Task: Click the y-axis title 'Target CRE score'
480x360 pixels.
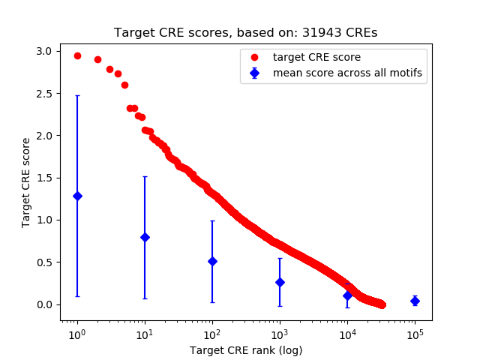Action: (x=26, y=182)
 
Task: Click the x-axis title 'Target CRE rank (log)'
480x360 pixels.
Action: (x=246, y=350)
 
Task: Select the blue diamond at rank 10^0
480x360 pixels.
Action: (x=77, y=196)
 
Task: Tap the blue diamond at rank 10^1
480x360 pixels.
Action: (x=145, y=237)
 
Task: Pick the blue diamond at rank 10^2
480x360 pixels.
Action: (x=212, y=261)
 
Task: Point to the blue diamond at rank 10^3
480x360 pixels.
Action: (x=280, y=282)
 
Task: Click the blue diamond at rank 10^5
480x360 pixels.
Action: (x=415, y=301)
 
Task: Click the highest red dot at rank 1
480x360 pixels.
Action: (x=77, y=55)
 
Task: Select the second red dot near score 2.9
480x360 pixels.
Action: (x=97, y=59)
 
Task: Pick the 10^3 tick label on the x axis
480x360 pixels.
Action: (x=280, y=334)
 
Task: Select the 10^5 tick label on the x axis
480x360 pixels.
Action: (x=415, y=334)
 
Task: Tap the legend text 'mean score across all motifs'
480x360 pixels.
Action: (x=347, y=73)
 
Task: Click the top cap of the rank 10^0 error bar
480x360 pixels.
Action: (x=77, y=95)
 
